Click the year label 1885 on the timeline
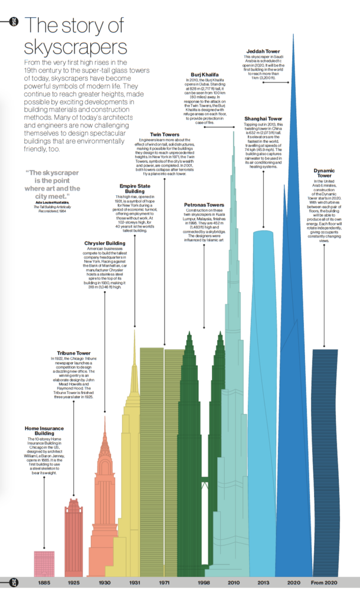(44, 583)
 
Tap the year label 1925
(74, 583)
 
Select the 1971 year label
(165, 583)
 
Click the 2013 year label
(264, 583)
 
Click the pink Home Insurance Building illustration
(44, 563)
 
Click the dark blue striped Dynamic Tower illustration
(326, 460)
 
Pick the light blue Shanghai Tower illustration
(264, 472)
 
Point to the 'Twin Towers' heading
(165, 134)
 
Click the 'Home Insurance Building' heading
(44, 431)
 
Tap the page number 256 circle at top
(14, 23)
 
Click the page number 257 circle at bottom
(14, 583)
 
